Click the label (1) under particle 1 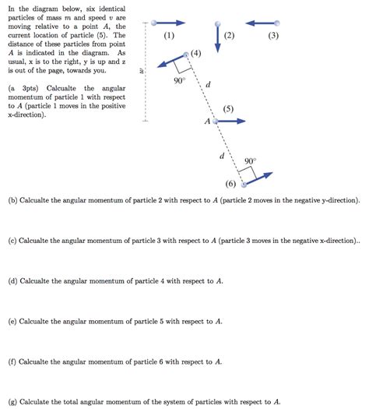(x=170, y=37)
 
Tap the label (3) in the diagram (x=272, y=37)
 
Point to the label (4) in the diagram (x=195, y=54)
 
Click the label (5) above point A (x=227, y=109)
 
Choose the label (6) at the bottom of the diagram (x=230, y=185)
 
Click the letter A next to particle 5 (x=207, y=122)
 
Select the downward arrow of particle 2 (x=218, y=37)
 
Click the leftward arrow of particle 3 (x=258, y=23)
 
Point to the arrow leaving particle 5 (x=230, y=122)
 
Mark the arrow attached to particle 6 (x=259, y=178)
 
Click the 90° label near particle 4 (x=179, y=81)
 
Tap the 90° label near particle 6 (x=250, y=161)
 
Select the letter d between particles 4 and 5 (x=207, y=85)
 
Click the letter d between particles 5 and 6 (x=222, y=155)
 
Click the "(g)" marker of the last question (x=10, y=402)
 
